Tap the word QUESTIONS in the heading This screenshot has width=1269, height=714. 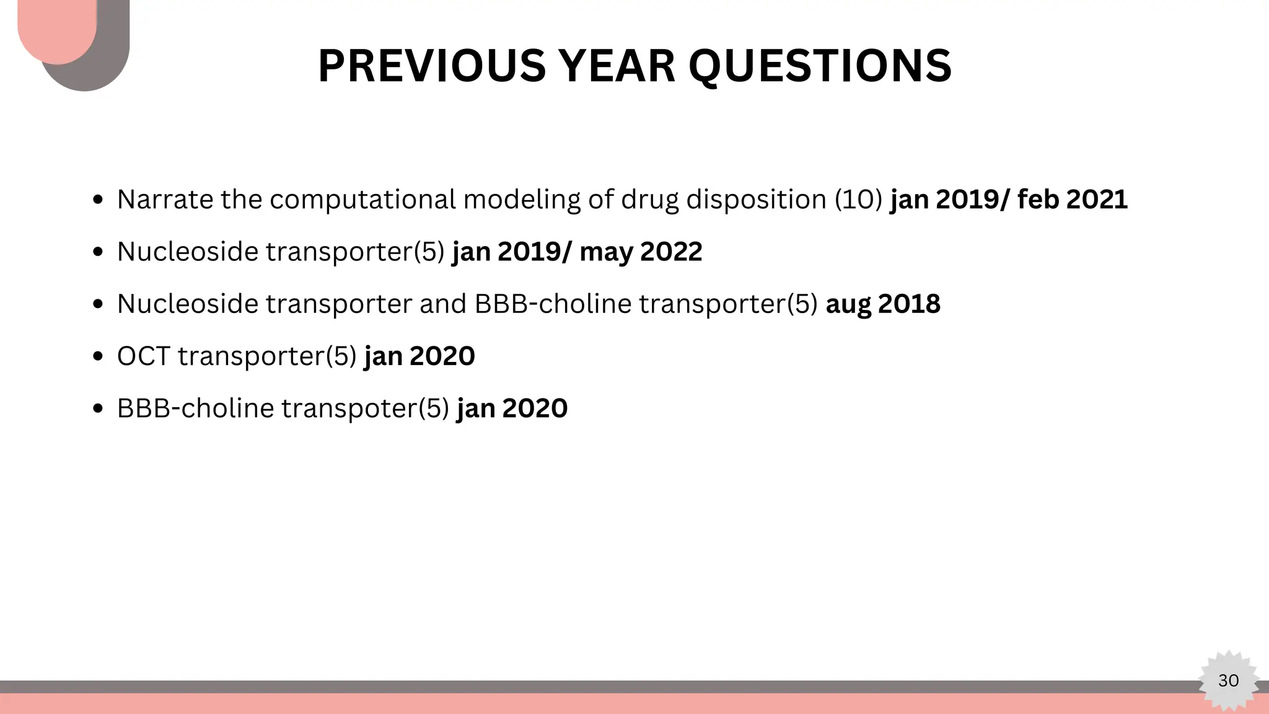[x=820, y=66]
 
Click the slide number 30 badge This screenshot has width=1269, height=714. [x=1228, y=681]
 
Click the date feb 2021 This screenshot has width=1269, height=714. [x=1073, y=200]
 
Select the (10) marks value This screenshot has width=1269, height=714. [x=858, y=200]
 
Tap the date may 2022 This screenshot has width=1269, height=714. [x=641, y=252]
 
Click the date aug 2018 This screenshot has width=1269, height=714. [x=883, y=304]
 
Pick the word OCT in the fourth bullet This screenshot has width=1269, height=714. [x=143, y=356]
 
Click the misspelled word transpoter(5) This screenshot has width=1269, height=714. [x=365, y=408]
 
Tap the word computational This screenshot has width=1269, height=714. [x=362, y=200]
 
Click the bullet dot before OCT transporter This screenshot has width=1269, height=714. [x=97, y=357]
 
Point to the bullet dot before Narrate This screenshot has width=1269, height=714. [x=97, y=200]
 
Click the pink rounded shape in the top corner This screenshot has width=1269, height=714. [x=56, y=28]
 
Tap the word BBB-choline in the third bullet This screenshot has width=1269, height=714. [x=553, y=304]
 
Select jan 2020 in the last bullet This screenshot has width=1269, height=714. [x=512, y=408]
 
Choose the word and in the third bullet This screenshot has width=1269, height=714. [x=442, y=304]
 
